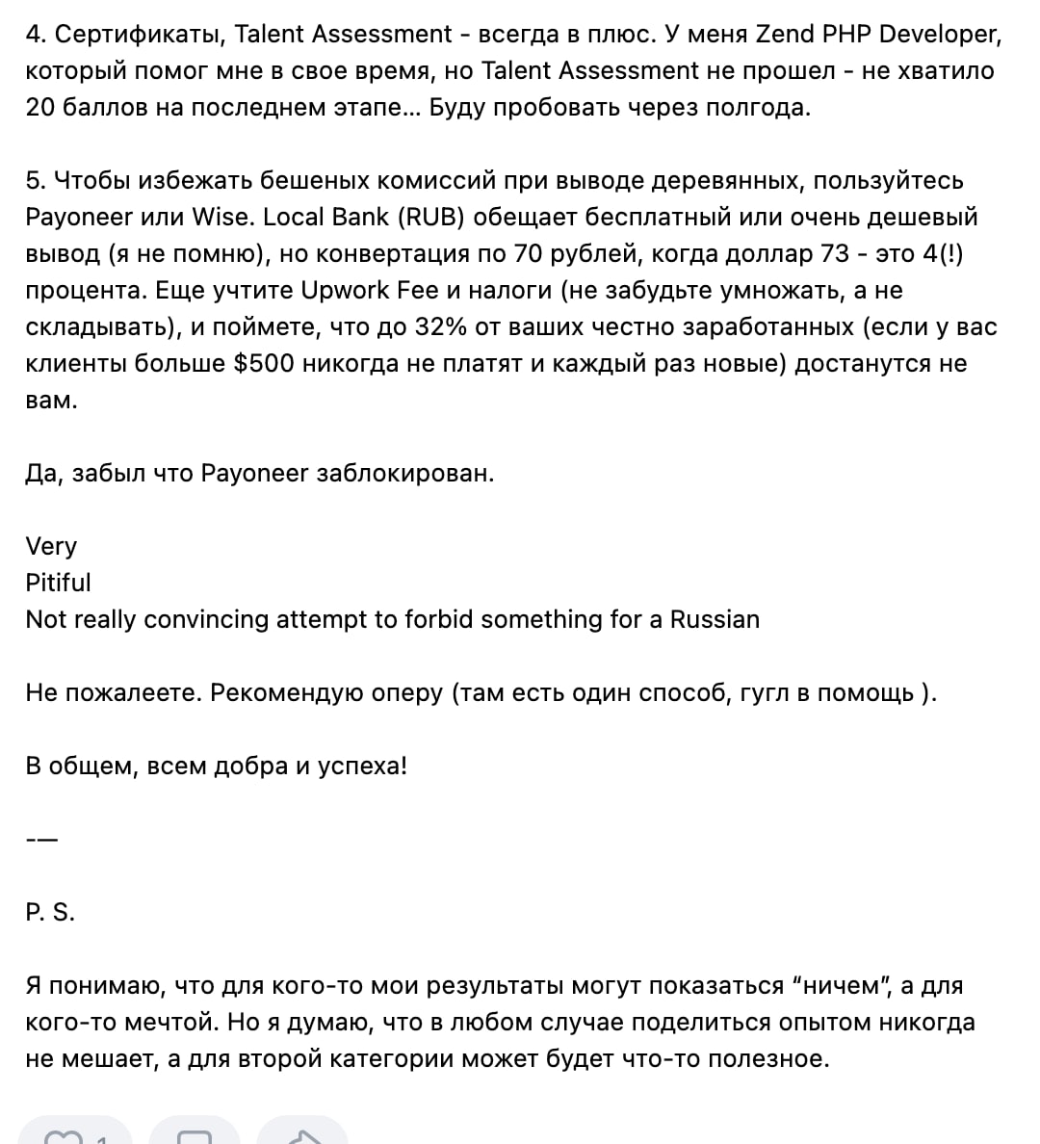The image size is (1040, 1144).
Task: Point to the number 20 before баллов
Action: (x=40, y=107)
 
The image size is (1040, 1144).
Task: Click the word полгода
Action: (x=761, y=107)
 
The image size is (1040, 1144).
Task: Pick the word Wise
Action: (x=221, y=217)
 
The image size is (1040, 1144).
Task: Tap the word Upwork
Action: (x=347, y=290)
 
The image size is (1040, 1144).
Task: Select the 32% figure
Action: (x=440, y=326)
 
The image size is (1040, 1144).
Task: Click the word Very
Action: (x=51, y=546)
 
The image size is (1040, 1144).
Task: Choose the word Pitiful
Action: (x=58, y=583)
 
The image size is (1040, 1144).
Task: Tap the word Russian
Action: (x=715, y=619)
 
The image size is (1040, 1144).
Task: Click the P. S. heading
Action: (x=50, y=912)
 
